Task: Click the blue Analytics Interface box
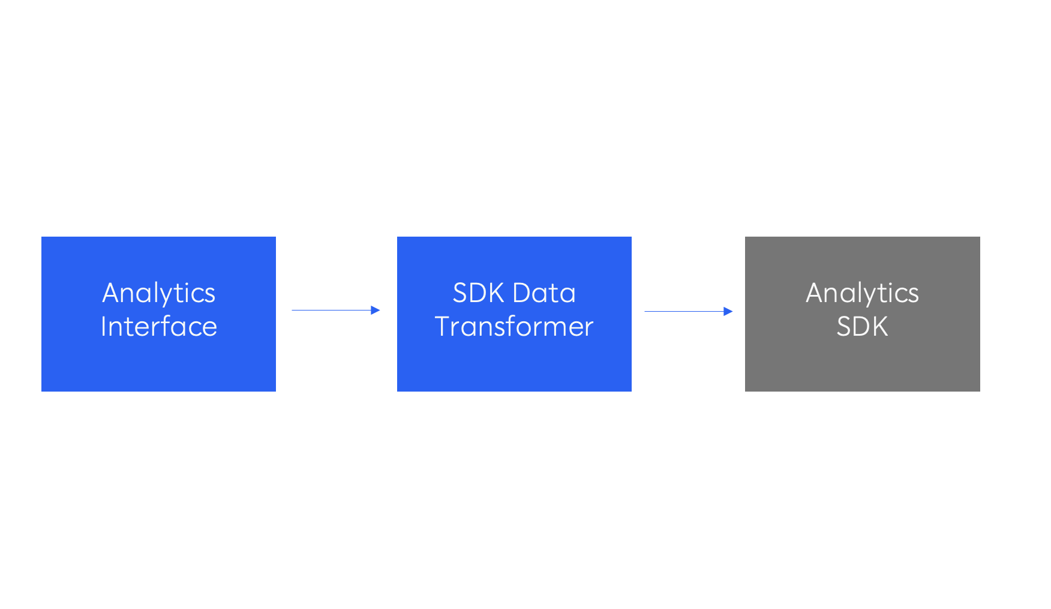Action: [158, 314]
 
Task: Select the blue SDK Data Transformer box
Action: [514, 314]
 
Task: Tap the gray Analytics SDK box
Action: [863, 314]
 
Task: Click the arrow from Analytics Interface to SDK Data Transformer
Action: [336, 310]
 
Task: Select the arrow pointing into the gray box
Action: [689, 311]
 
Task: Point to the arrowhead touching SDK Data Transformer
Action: [376, 310]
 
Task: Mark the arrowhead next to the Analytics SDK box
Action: [728, 311]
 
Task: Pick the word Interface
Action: [159, 327]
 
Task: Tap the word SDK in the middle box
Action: [478, 293]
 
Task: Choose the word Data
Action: [544, 293]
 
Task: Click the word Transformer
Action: [514, 327]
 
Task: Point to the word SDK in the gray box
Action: [863, 327]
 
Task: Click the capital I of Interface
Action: [104, 327]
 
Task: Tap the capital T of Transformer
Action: [444, 327]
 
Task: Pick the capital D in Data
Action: [523, 293]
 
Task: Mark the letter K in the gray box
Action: [880, 327]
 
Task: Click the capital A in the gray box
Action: [816, 293]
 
